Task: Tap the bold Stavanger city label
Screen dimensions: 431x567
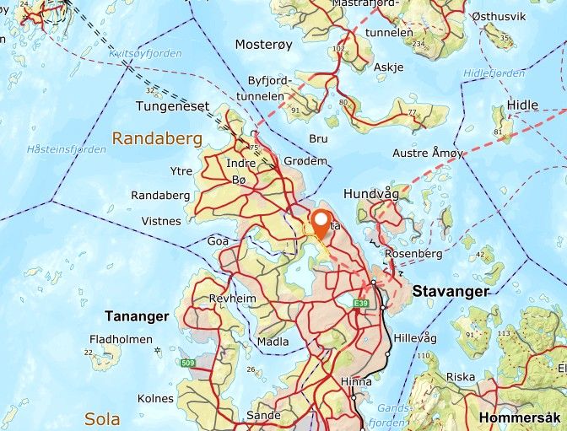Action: pyautogui.click(x=451, y=291)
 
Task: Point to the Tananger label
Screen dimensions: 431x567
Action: pyautogui.click(x=137, y=316)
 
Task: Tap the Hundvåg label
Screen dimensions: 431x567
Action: pyautogui.click(x=370, y=194)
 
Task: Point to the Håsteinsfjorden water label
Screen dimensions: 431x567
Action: pyautogui.click(x=66, y=149)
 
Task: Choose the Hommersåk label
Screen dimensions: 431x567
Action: pyautogui.click(x=520, y=418)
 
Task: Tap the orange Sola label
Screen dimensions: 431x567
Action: pyautogui.click(x=101, y=418)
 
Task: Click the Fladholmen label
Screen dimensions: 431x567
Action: pyautogui.click(x=121, y=340)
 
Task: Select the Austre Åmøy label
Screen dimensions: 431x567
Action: pyautogui.click(x=428, y=154)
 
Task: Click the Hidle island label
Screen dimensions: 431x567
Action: pyautogui.click(x=522, y=105)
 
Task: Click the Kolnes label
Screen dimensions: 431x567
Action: pyautogui.click(x=156, y=398)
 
